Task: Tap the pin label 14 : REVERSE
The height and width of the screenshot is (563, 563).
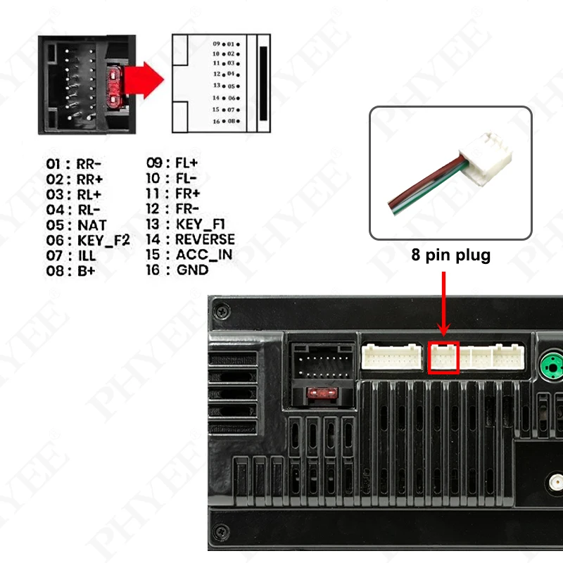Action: click(x=190, y=239)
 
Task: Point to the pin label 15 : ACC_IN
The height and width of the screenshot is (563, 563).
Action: click(x=189, y=255)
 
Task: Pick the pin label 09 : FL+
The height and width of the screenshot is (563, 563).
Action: click(x=172, y=164)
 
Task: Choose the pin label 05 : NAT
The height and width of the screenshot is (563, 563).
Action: click(x=77, y=225)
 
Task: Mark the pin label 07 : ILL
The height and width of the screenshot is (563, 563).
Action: click(x=72, y=255)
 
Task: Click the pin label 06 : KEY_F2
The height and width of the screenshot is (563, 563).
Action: click(x=88, y=240)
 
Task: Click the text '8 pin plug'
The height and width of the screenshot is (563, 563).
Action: click(x=450, y=255)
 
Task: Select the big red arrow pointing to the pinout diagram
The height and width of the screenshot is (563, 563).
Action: click(x=146, y=77)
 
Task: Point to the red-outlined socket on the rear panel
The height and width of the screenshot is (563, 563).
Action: click(x=444, y=358)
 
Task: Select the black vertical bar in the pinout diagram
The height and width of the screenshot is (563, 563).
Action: click(x=263, y=83)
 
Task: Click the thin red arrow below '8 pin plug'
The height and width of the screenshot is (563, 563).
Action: click(x=444, y=303)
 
